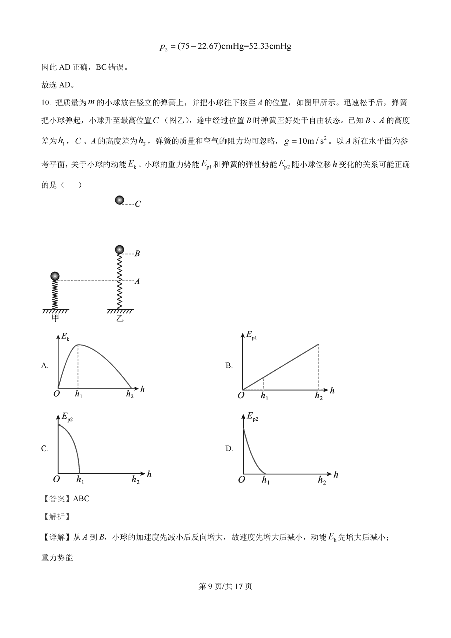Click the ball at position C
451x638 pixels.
click(x=119, y=200)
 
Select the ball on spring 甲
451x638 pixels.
click(x=55, y=276)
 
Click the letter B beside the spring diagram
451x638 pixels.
click(x=137, y=254)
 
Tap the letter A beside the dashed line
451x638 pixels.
click(x=137, y=281)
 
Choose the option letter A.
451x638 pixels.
click(x=45, y=366)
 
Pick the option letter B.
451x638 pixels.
click(x=229, y=366)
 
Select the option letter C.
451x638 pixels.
click(x=45, y=449)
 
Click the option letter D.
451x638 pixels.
click(x=229, y=449)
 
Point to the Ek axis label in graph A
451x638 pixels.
click(x=65, y=338)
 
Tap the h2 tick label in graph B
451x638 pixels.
click(x=319, y=396)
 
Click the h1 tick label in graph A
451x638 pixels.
click(x=78, y=395)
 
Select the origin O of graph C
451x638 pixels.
click(x=56, y=479)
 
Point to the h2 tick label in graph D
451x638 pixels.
click(x=322, y=480)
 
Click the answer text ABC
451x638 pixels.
click(x=81, y=499)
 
